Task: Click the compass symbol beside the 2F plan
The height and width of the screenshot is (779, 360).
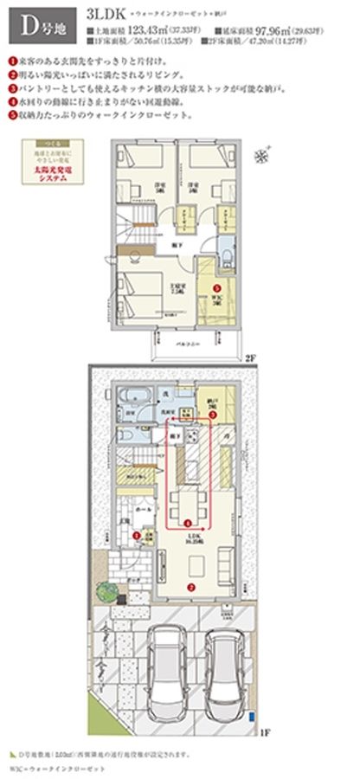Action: point(261,157)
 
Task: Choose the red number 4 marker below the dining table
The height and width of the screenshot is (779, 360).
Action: point(188,522)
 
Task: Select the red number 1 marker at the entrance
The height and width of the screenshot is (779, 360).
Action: point(136,538)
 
